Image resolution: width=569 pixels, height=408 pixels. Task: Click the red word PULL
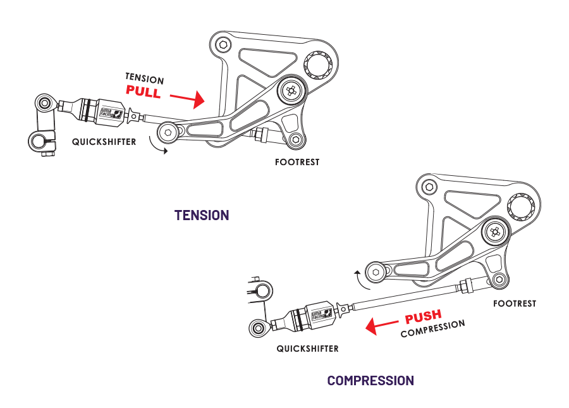coord(144,91)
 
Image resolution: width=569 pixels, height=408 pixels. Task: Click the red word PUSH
coord(423,316)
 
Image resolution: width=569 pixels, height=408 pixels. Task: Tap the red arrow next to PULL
coord(188,99)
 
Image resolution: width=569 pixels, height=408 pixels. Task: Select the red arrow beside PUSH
coord(383,326)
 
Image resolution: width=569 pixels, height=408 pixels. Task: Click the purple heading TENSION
coord(202,215)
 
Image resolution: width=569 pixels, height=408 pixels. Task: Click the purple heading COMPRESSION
coord(370,381)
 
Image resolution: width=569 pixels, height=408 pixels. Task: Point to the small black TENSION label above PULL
coord(144,78)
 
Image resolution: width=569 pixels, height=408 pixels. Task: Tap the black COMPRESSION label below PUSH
coord(432,328)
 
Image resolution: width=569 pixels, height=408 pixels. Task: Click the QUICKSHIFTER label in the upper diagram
coord(104,142)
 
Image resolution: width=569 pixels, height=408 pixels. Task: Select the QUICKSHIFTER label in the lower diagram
coord(307,349)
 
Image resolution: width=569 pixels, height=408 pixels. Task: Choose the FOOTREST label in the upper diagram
coord(297,162)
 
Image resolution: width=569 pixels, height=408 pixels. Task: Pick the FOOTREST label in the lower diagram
coord(515,304)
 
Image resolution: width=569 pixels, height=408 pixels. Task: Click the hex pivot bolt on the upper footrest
coord(291,91)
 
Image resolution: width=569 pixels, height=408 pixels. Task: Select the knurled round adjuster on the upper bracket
coord(314,65)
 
